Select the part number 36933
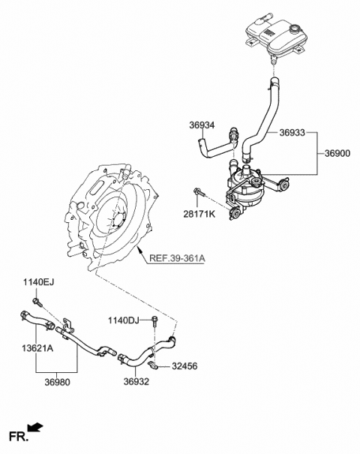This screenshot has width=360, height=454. [292, 133]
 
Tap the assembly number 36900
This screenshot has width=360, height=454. [337, 153]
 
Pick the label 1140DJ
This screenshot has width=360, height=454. [123, 320]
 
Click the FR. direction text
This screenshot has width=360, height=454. [16, 435]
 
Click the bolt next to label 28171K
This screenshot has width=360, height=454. [198, 193]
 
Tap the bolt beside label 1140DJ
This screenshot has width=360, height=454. [154, 321]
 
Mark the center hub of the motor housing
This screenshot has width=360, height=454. [117, 222]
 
